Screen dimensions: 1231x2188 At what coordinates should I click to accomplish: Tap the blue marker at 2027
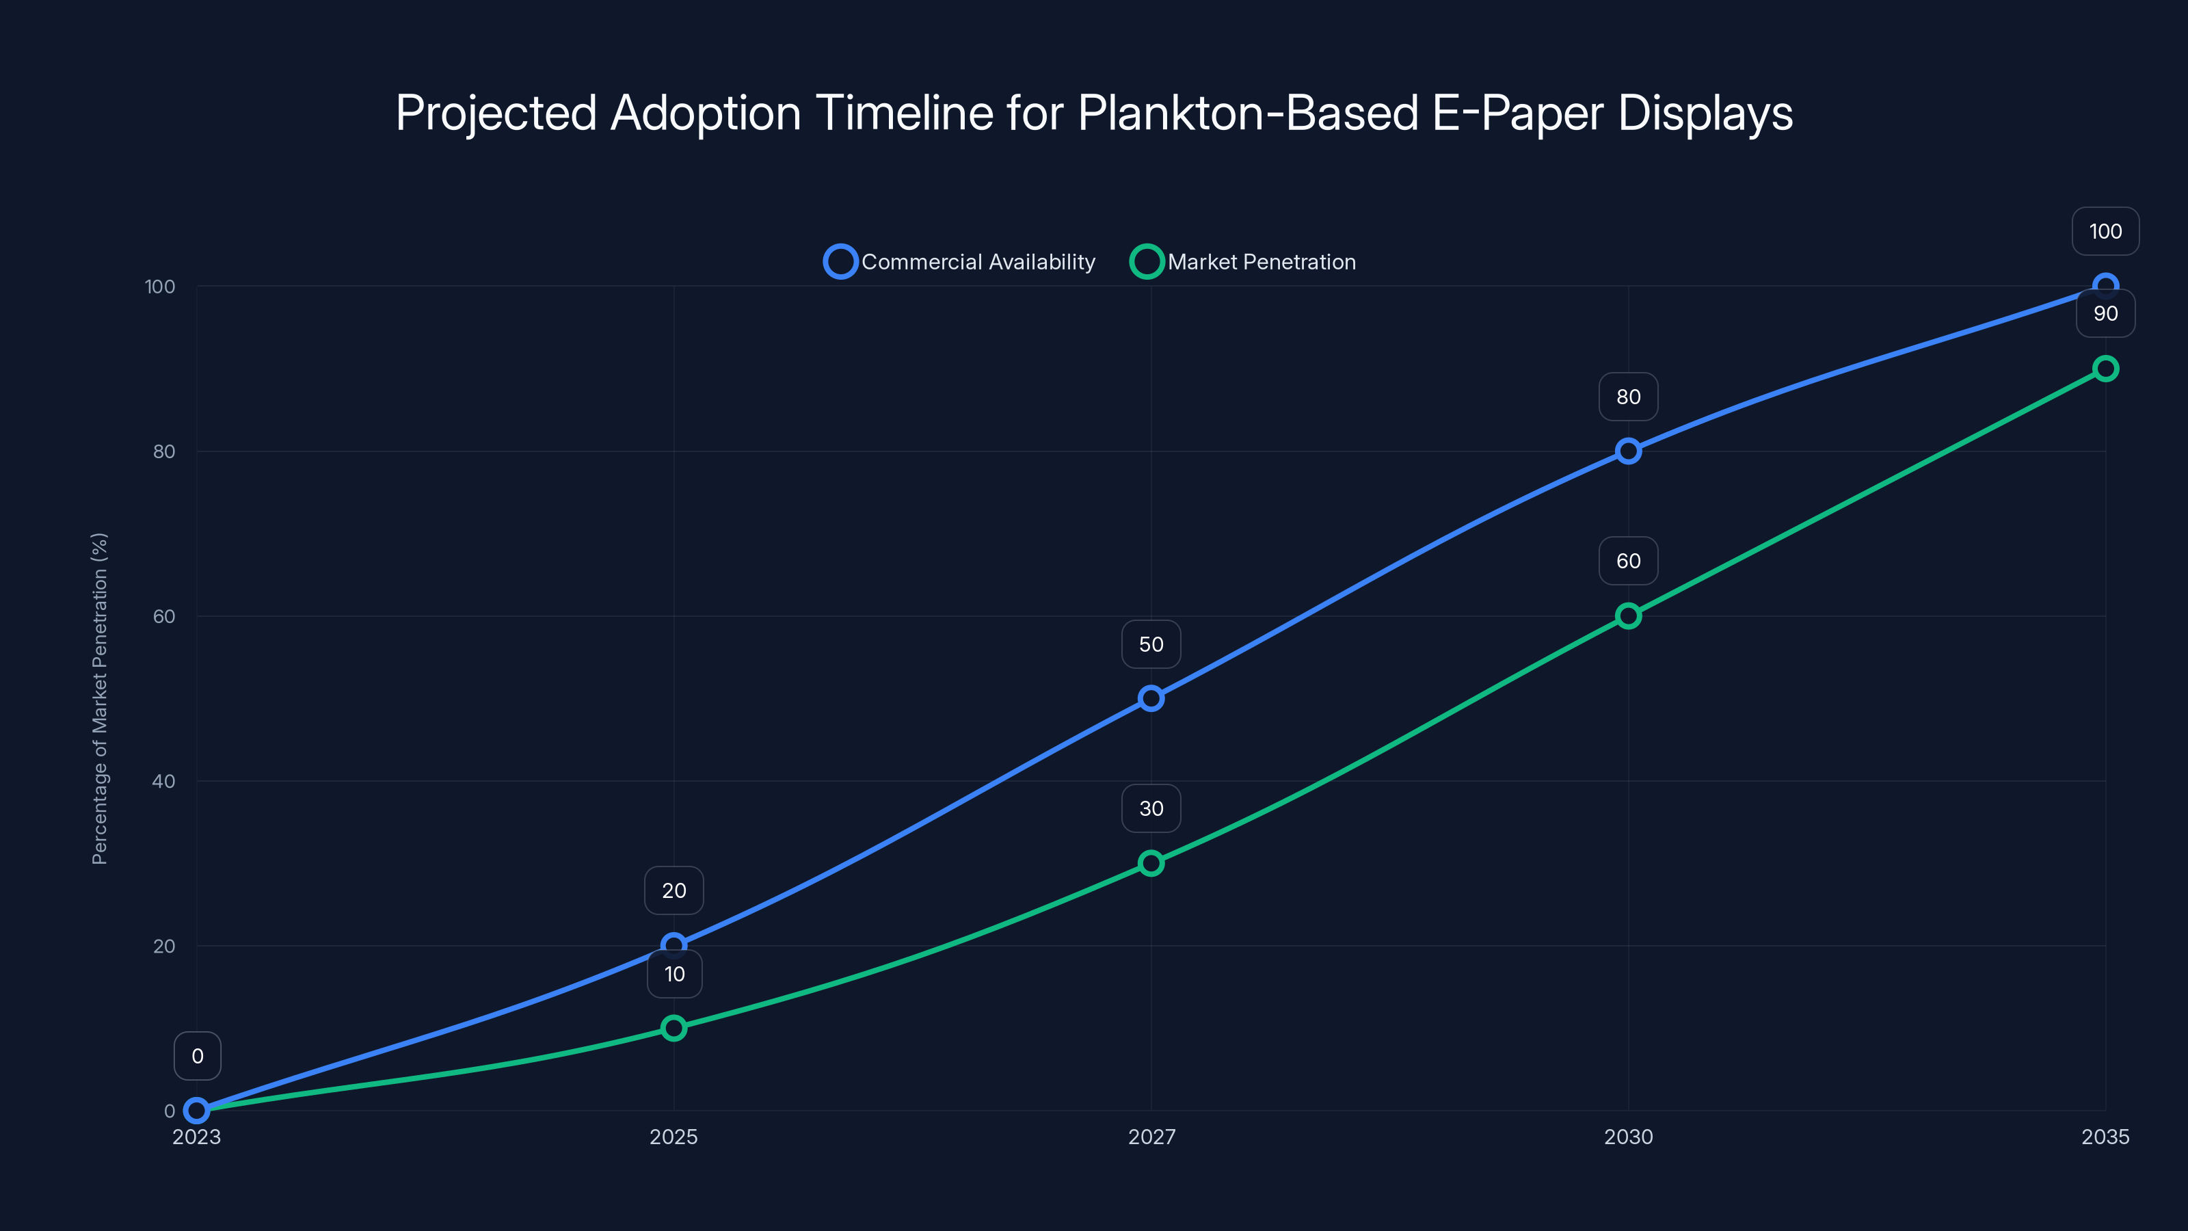tap(1151, 698)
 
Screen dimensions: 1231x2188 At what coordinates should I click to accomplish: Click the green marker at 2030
tap(1628, 616)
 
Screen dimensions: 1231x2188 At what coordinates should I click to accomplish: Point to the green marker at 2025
tap(673, 1028)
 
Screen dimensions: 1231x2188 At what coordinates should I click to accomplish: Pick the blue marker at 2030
tap(1628, 451)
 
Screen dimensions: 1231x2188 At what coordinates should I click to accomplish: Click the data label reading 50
tap(1151, 645)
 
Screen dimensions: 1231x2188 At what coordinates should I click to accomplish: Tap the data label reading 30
tap(1151, 809)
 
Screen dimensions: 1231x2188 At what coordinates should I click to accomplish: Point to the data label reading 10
tap(674, 975)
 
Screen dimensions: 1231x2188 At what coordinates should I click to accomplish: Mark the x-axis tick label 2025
tap(673, 1137)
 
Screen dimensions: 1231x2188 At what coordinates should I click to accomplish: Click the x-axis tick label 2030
tap(1628, 1137)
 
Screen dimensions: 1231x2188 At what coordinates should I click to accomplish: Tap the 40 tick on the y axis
tap(164, 781)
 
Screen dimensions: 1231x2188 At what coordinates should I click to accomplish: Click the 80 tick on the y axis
tap(164, 451)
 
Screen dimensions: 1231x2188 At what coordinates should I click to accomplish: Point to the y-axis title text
tap(99, 698)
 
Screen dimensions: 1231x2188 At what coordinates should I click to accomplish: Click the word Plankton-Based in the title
tap(1248, 113)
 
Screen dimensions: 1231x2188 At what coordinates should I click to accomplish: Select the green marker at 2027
tap(1151, 863)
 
